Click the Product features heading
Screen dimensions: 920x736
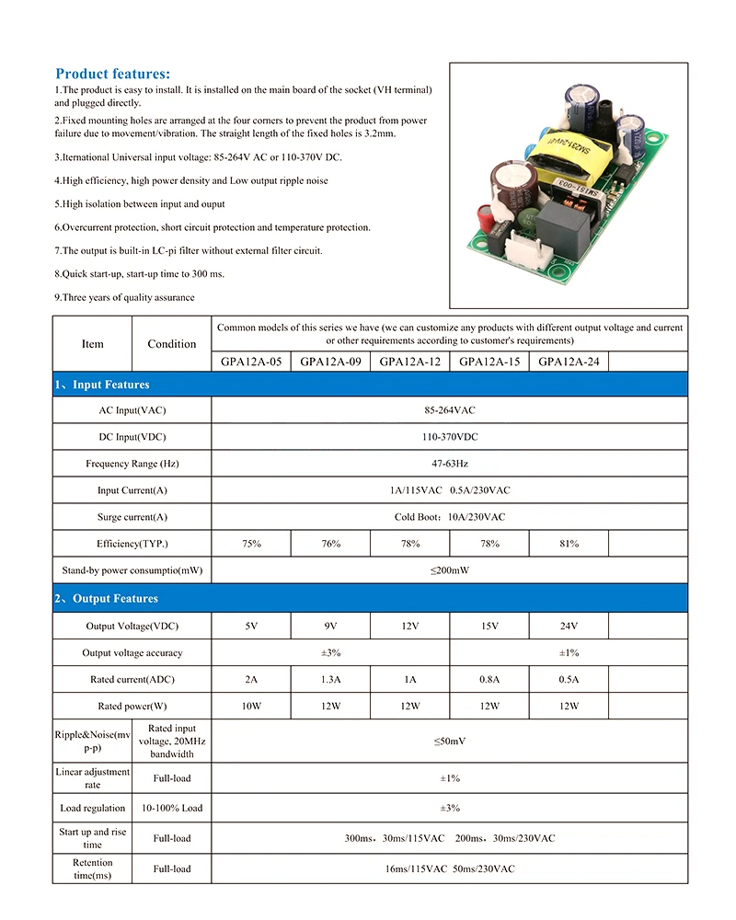112,74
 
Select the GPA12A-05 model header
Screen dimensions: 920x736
251,362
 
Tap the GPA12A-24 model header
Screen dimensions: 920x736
569,362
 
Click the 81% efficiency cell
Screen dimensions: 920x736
569,544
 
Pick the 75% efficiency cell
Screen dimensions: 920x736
251,544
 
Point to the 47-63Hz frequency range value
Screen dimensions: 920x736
449,464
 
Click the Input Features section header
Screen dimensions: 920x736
101,385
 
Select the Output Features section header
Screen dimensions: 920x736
106,599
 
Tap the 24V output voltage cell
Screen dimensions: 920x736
569,627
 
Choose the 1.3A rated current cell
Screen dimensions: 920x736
331,680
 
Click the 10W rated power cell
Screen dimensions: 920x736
251,707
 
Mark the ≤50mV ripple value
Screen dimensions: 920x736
449,740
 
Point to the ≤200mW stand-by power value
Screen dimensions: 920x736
449,570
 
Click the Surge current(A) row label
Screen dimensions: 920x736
132,517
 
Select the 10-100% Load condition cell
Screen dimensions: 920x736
172,808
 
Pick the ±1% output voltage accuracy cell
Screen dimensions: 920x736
569,653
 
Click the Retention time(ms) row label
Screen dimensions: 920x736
92,868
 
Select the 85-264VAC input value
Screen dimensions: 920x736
449,410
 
